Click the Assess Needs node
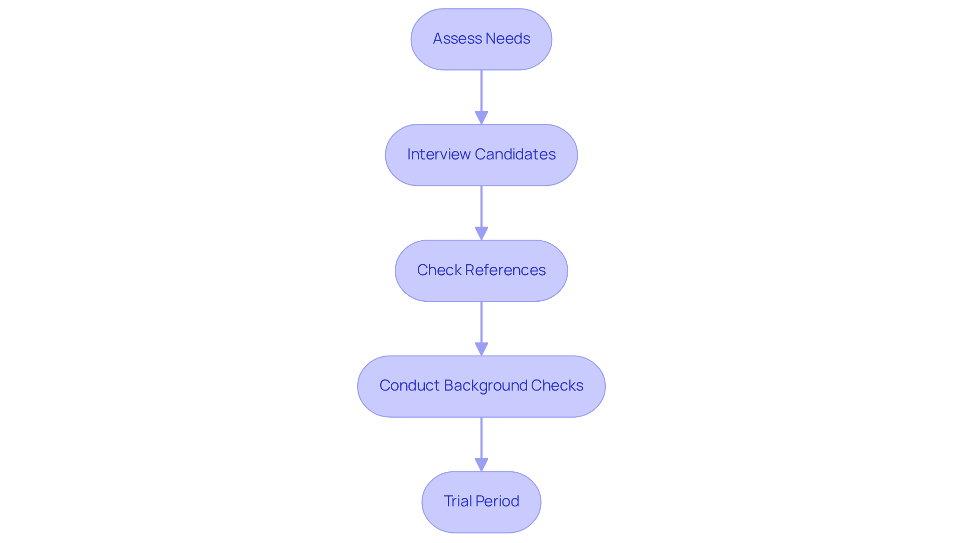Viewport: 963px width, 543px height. (x=481, y=39)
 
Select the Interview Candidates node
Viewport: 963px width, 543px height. (x=481, y=155)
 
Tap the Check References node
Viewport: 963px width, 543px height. (x=481, y=271)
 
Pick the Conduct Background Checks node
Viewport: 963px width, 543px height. (x=481, y=386)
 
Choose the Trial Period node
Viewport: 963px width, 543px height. (x=481, y=502)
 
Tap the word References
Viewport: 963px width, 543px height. (x=505, y=270)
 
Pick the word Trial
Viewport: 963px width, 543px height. (x=457, y=501)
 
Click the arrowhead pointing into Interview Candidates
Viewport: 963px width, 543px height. (x=481, y=117)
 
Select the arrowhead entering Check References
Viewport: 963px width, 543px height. (x=481, y=233)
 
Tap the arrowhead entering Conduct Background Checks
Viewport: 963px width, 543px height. (x=481, y=349)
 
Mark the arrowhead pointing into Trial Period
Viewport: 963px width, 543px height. (x=481, y=464)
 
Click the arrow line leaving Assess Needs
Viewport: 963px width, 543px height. (x=481, y=90)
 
